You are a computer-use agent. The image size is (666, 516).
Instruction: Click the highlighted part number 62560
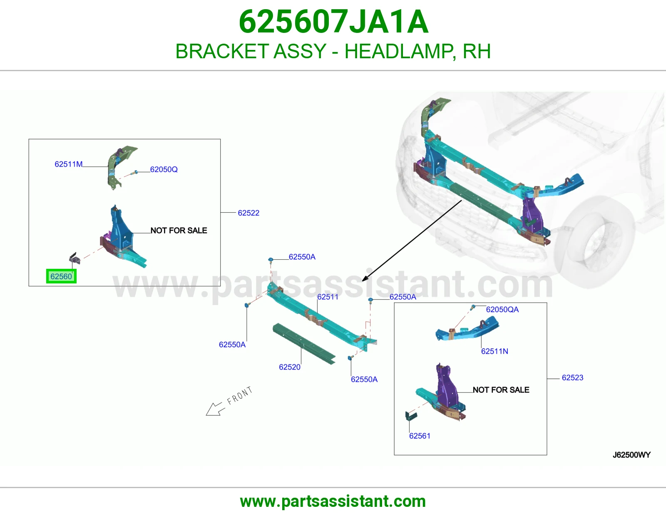point(61,276)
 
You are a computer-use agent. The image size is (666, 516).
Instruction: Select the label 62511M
point(69,164)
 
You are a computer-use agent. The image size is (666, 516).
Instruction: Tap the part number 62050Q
point(164,169)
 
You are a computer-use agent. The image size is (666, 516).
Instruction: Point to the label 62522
point(249,213)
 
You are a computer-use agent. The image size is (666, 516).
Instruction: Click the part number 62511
point(328,297)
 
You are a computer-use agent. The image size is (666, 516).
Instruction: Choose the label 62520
point(290,367)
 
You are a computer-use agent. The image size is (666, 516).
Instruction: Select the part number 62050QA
point(502,310)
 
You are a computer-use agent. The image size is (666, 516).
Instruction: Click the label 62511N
point(495,351)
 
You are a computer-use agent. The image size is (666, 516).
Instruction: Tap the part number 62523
point(572,377)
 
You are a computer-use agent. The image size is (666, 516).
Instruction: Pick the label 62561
point(420,436)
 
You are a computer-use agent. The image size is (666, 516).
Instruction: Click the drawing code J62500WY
point(632,455)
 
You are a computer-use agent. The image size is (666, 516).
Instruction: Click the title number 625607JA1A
point(333,22)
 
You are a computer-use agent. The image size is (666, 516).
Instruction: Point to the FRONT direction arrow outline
point(214,409)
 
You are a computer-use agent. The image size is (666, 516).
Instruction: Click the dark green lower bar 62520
point(304,344)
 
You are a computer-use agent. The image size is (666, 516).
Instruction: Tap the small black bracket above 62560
point(75,258)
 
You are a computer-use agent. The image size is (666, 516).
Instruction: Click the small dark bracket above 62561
point(411,416)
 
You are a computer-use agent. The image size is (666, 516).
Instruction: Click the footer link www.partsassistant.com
point(333,501)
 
